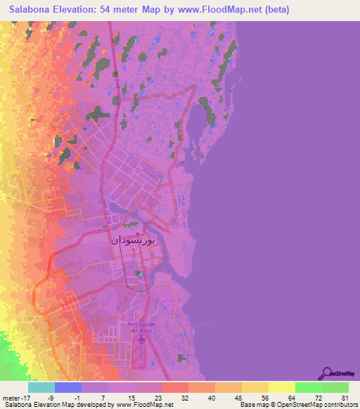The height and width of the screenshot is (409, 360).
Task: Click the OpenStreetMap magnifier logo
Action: point(326,373)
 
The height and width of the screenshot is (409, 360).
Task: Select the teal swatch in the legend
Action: point(41,387)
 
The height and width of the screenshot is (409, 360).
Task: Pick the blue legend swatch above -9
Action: point(68,387)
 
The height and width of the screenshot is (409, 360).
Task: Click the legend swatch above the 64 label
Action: point(282,387)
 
